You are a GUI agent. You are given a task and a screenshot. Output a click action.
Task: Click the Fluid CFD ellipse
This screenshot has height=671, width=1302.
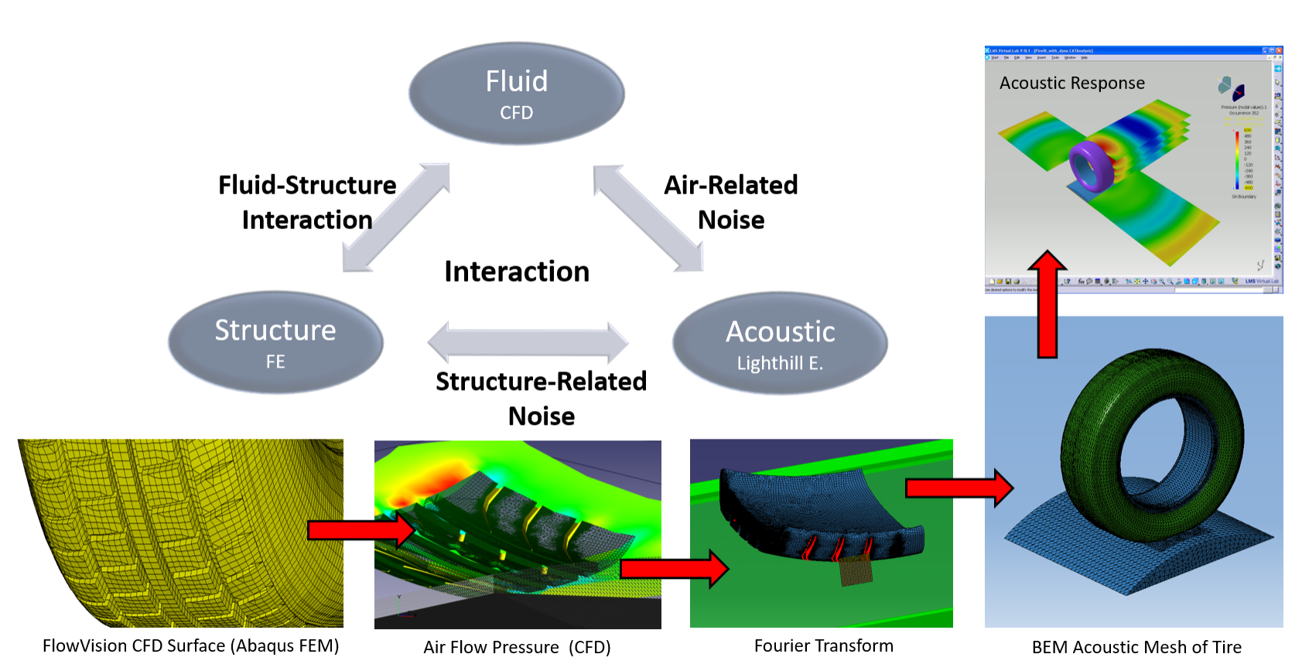pyautogui.click(x=516, y=94)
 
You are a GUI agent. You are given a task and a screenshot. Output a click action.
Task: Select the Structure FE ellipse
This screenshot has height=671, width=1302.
pyautogui.click(x=275, y=342)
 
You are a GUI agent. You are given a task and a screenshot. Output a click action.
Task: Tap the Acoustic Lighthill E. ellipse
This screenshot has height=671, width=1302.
pyautogui.click(x=780, y=344)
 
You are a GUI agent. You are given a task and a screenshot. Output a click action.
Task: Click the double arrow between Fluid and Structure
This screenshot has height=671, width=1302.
pyautogui.click(x=396, y=217)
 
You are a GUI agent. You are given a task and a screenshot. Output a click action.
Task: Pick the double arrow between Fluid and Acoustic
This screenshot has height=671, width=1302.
pyautogui.click(x=648, y=217)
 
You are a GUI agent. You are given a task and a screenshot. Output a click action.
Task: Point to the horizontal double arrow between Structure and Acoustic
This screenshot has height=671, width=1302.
pyautogui.click(x=528, y=342)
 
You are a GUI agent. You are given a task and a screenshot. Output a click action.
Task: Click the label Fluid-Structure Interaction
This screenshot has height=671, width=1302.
pyautogui.click(x=307, y=202)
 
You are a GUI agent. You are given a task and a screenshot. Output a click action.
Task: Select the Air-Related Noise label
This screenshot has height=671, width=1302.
pyautogui.click(x=730, y=202)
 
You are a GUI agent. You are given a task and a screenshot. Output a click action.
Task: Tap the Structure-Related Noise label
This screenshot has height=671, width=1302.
pyautogui.click(x=541, y=399)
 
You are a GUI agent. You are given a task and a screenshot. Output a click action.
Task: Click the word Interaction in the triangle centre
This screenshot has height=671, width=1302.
pyautogui.click(x=517, y=272)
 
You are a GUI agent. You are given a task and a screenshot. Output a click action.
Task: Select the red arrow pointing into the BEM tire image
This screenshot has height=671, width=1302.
pyautogui.click(x=959, y=488)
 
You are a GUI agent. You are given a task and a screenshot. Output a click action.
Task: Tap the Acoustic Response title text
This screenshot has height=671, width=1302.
pyautogui.click(x=1071, y=83)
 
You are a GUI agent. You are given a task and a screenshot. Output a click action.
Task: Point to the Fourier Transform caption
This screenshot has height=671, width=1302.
pyautogui.click(x=823, y=645)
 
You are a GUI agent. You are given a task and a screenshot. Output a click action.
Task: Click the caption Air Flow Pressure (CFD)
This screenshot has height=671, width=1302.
pyautogui.click(x=517, y=647)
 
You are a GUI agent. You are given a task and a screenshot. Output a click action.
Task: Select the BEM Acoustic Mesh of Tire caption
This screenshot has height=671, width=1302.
pyautogui.click(x=1136, y=647)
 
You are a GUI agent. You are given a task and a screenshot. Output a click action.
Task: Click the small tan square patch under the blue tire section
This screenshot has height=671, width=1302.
pyautogui.click(x=855, y=571)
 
